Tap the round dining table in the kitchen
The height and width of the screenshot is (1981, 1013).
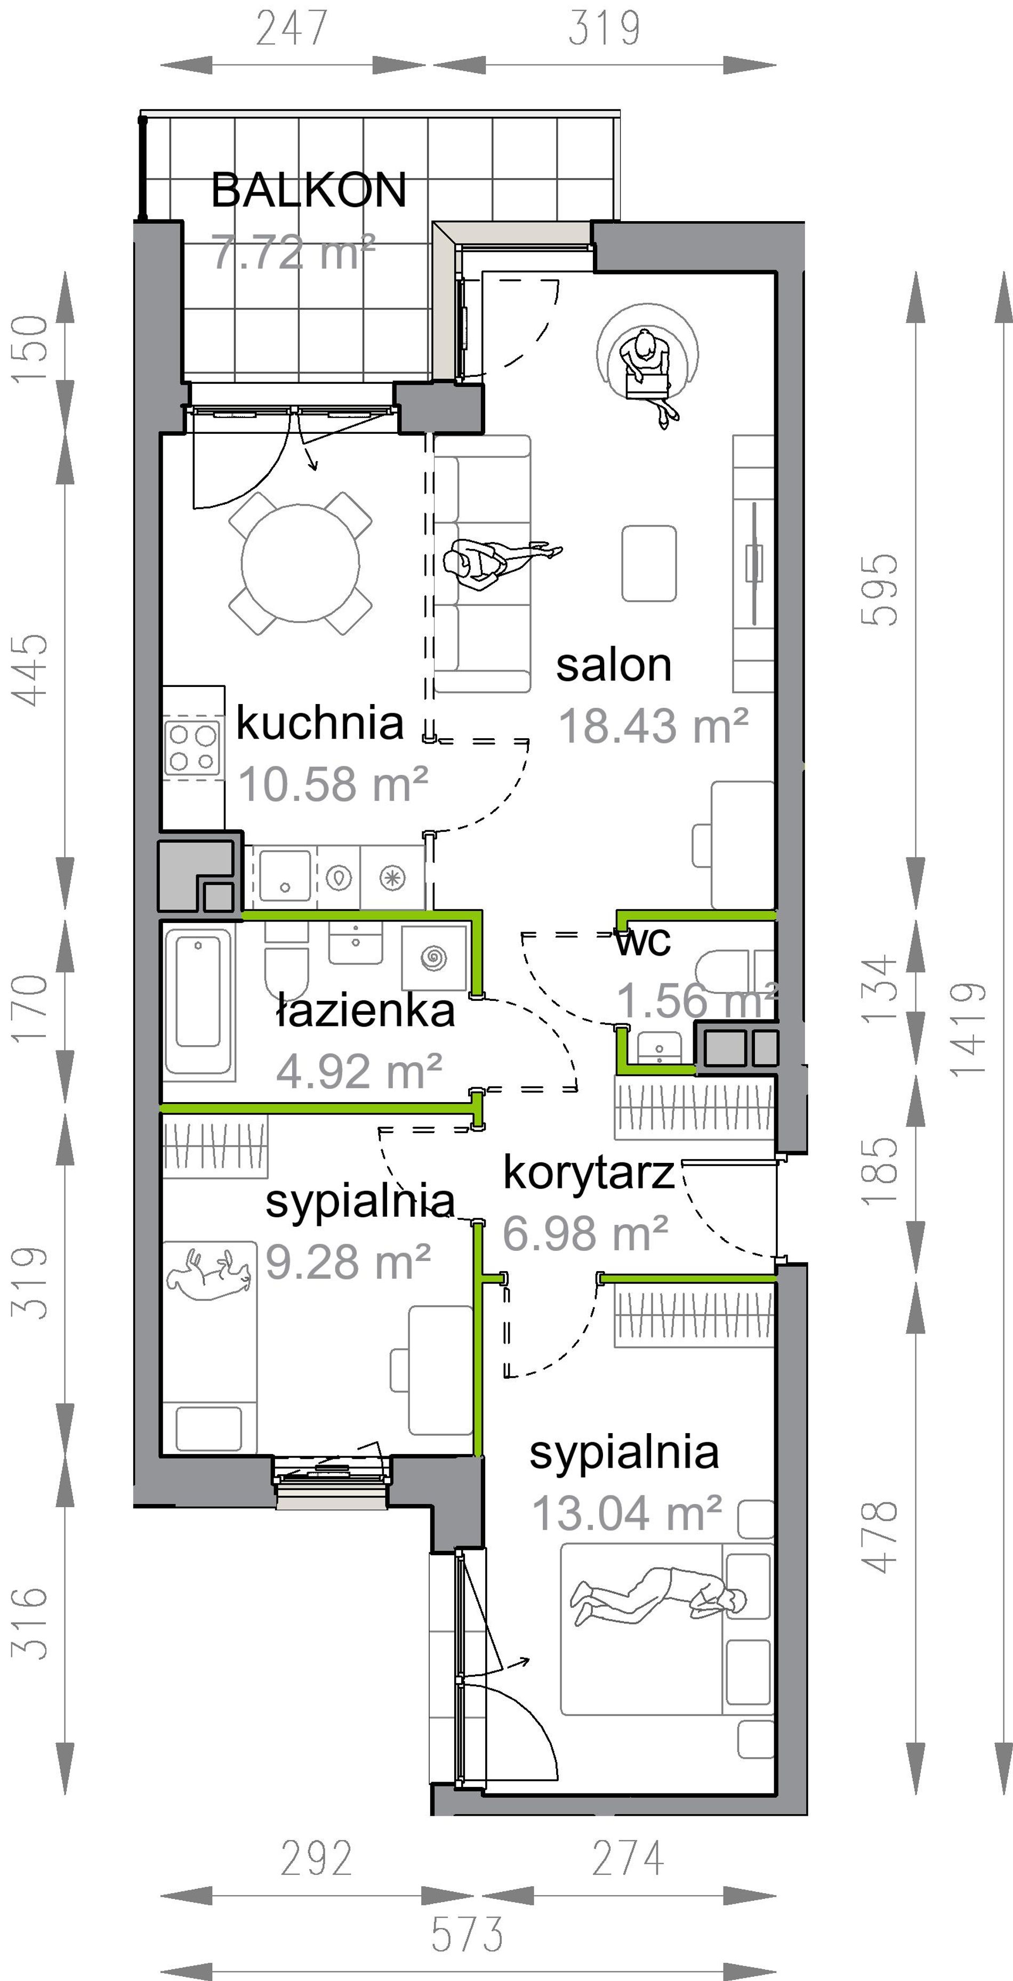click(x=301, y=562)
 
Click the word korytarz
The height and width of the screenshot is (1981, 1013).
click(x=589, y=1174)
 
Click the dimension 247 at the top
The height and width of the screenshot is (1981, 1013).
click(x=292, y=28)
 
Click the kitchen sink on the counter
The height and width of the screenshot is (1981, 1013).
click(x=285, y=875)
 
